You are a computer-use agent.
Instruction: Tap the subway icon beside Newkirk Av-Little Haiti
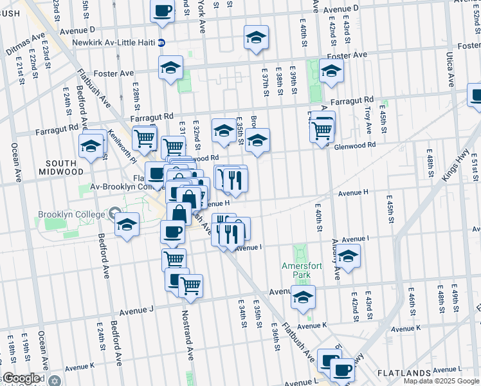point(161,43)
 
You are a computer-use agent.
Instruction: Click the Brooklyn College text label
point(71,214)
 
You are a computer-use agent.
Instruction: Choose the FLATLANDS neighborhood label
point(404,373)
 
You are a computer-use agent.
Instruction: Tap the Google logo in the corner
point(21,378)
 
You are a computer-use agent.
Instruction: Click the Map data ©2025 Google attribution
point(441,381)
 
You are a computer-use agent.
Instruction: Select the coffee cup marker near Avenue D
point(163,11)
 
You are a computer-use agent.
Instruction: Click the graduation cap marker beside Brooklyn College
point(127,225)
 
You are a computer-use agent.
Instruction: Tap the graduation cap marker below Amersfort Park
point(303,297)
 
